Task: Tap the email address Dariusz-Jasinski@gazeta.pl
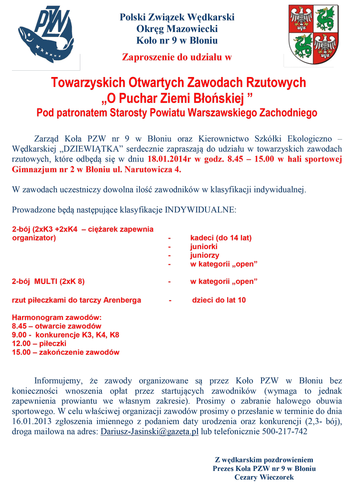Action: [x=149, y=432]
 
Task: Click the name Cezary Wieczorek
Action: [x=264, y=477]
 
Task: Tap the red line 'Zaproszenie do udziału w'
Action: [x=177, y=57]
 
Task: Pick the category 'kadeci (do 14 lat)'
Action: [x=221, y=238]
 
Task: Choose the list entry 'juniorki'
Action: [x=204, y=247]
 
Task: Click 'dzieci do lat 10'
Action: [x=219, y=300]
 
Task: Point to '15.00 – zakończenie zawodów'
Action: [x=65, y=352]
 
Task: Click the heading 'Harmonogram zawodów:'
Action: [x=57, y=317]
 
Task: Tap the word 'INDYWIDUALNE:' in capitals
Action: [x=200, y=210]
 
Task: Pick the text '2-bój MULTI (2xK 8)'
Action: [x=48, y=281]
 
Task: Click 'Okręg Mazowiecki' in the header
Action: [x=177, y=29]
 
